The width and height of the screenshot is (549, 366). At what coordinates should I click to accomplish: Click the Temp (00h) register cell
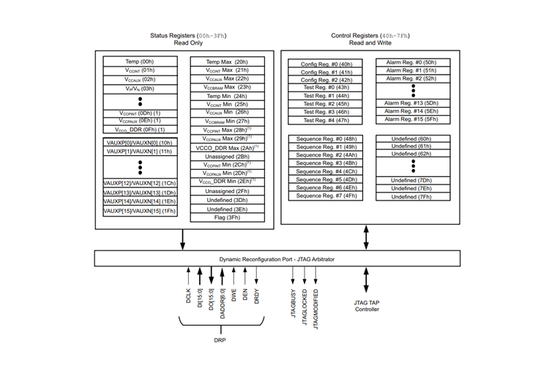(x=138, y=61)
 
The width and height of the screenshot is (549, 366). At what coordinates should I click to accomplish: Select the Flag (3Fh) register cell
(x=226, y=217)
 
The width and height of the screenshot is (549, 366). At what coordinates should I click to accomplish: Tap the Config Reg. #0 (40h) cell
(x=326, y=64)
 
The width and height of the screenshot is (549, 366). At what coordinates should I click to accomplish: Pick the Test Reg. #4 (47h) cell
(x=326, y=120)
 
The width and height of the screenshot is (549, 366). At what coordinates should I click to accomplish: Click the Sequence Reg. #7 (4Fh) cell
(x=326, y=195)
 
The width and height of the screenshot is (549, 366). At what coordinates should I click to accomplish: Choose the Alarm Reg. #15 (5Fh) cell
(x=412, y=119)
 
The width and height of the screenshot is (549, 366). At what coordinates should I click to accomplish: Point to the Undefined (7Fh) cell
(x=412, y=196)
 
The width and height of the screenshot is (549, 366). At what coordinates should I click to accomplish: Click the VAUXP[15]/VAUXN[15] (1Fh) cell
(x=138, y=211)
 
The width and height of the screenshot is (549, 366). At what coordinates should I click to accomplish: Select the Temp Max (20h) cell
(x=226, y=61)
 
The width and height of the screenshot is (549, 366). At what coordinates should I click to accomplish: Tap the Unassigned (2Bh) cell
(x=226, y=156)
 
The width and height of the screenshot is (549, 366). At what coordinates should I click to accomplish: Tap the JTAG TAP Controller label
(x=366, y=305)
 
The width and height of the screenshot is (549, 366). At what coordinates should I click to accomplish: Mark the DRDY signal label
(x=257, y=296)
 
